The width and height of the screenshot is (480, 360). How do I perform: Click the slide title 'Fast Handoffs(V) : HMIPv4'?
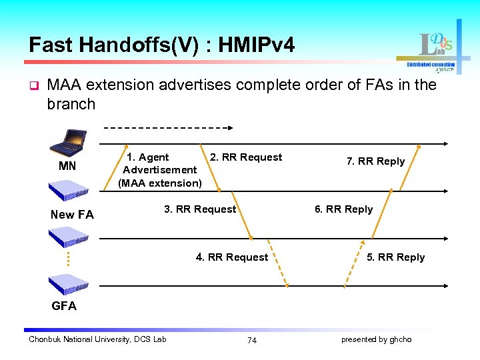tap(161, 45)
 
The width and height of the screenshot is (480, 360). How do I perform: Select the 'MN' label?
tap(67, 166)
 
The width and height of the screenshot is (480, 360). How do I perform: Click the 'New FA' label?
tap(72, 215)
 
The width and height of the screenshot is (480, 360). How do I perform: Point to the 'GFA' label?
tap(64, 306)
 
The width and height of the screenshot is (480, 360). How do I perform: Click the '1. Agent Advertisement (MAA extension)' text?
tap(160, 170)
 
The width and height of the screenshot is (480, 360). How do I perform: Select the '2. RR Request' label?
tap(246, 157)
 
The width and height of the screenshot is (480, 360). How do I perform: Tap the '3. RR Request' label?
tap(200, 209)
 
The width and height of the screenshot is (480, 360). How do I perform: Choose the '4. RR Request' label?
tap(232, 257)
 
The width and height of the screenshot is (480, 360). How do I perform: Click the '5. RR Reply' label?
tap(395, 257)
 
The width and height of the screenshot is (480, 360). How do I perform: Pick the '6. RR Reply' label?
tap(343, 209)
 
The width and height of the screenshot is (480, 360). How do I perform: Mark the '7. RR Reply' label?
tap(375, 161)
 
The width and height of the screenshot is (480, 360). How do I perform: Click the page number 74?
tap(251, 340)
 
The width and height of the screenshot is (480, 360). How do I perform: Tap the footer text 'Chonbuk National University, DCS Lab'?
tap(97, 339)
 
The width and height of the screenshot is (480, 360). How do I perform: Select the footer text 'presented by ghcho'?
tap(376, 339)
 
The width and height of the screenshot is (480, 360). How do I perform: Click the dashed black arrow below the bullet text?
tap(168, 127)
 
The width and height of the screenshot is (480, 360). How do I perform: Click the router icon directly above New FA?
tap(69, 191)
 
